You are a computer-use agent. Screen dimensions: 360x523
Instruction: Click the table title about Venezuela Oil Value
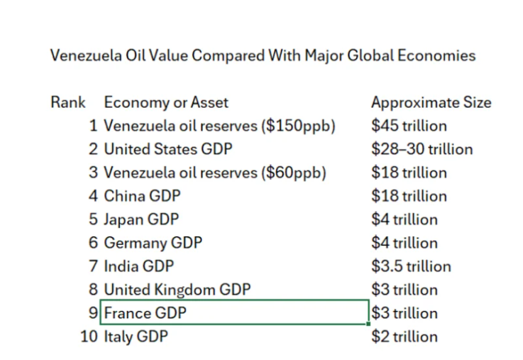[x=263, y=55]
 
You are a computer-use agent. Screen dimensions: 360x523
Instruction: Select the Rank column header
[x=68, y=102]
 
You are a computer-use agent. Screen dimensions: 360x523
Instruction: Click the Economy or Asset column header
[x=166, y=102]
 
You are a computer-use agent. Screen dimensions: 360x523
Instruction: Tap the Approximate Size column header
[x=431, y=102]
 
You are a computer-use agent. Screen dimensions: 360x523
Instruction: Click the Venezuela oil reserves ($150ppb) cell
[x=219, y=126]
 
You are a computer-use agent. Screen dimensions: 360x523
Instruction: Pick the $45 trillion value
[x=409, y=126]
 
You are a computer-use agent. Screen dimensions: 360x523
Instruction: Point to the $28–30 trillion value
[x=422, y=149]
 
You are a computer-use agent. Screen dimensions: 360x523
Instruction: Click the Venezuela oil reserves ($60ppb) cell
[x=215, y=173]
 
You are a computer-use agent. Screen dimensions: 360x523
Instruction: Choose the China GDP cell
[x=142, y=196]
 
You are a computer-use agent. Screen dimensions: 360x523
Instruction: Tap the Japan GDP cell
[x=141, y=219]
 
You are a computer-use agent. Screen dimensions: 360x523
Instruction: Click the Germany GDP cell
[x=153, y=243]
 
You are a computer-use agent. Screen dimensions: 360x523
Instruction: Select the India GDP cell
[x=138, y=266]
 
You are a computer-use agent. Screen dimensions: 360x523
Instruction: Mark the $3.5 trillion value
[x=411, y=266]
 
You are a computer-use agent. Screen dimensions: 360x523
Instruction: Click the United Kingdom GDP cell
[x=177, y=290]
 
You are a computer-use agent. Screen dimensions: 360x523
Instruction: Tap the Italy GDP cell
[x=136, y=337]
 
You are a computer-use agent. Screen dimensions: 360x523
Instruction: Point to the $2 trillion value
[x=404, y=337]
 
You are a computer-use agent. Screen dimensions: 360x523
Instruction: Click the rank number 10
[x=89, y=337]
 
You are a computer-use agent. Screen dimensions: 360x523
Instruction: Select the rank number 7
[x=94, y=266]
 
